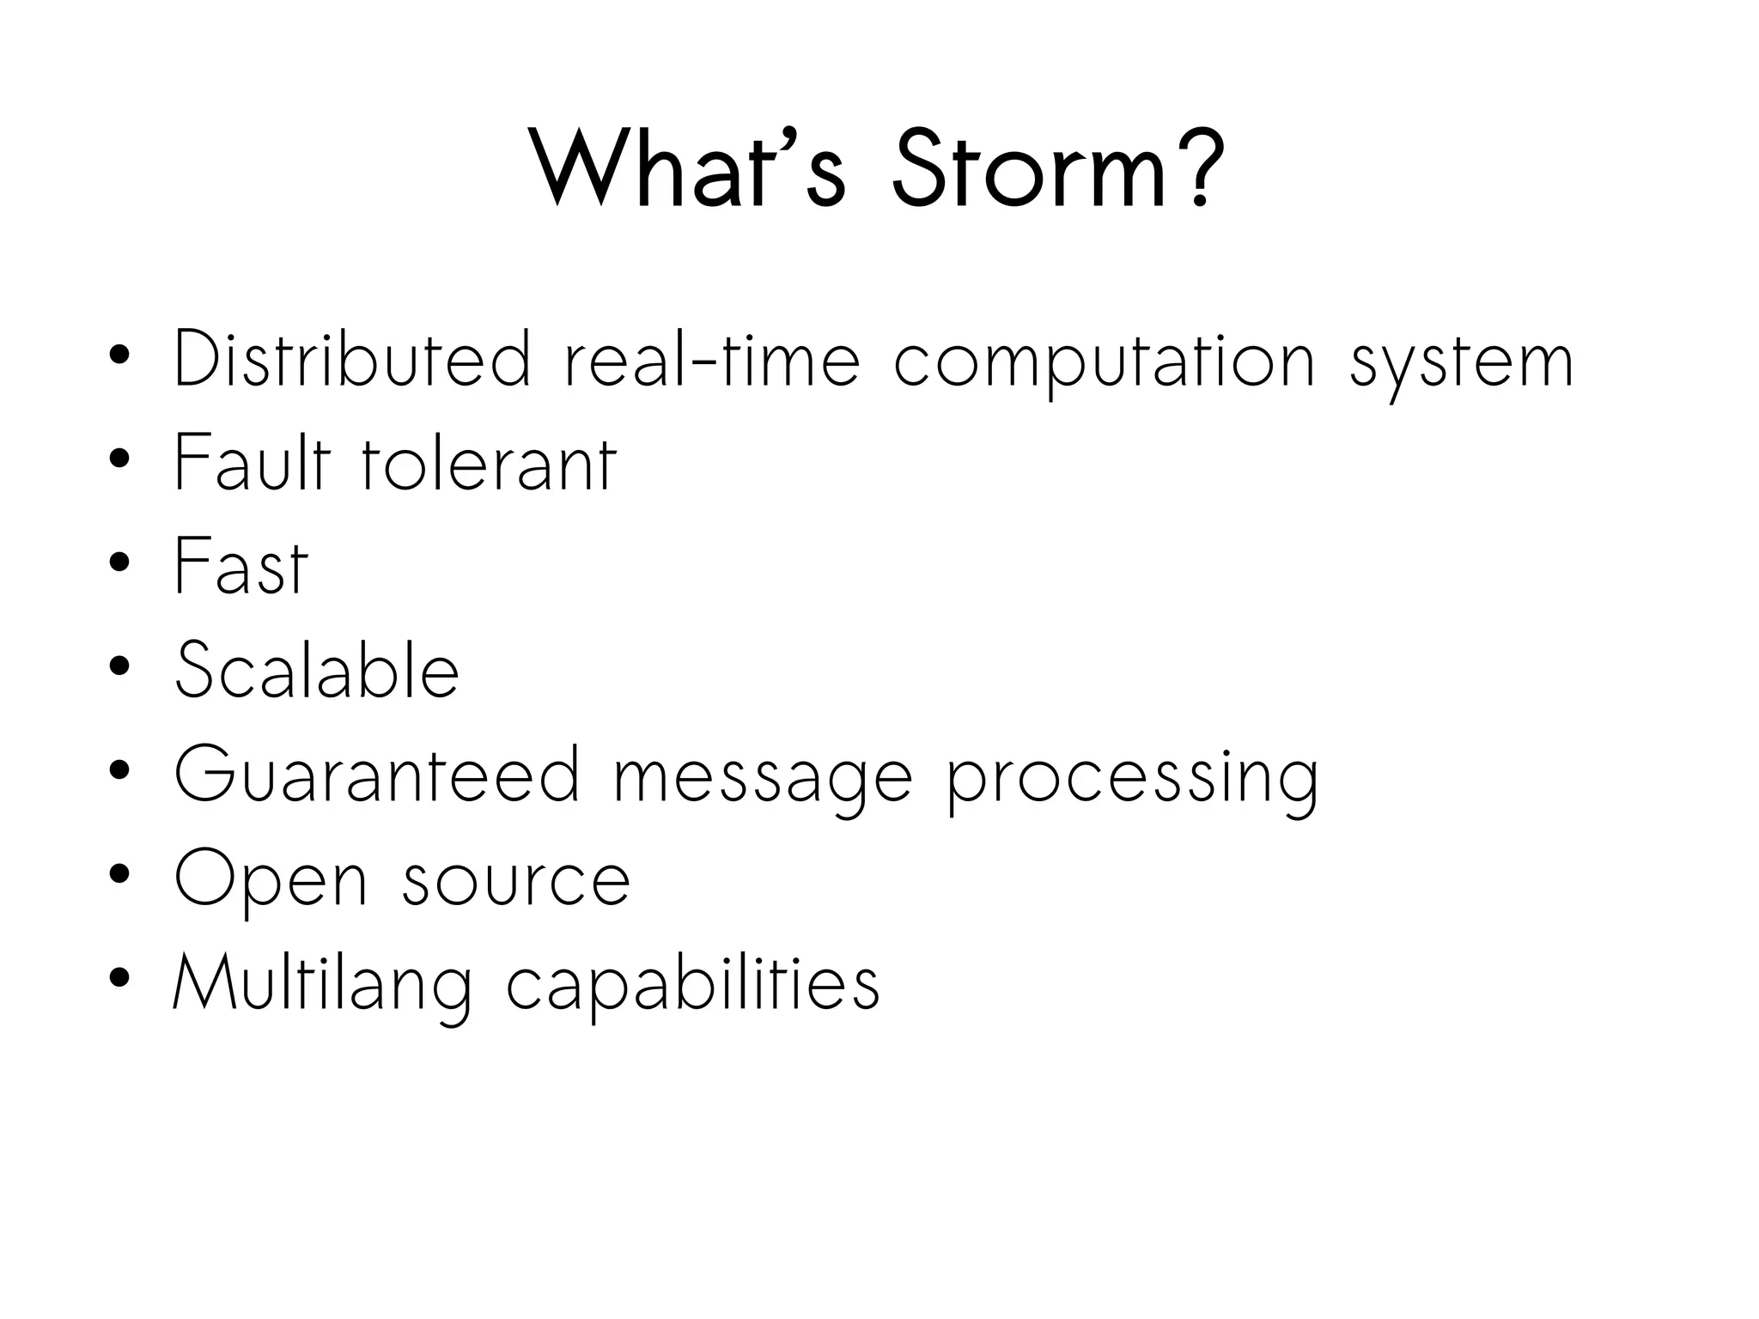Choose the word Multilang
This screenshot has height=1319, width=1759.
323,986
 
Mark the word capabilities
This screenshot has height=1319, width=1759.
693,986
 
